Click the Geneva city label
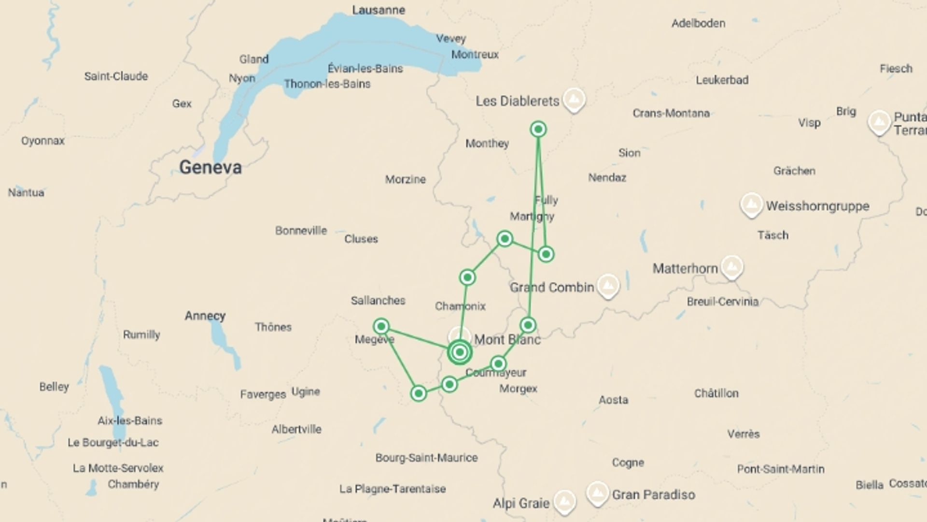point(210,167)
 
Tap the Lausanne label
point(379,10)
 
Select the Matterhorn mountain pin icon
point(732,266)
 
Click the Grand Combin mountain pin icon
point(607,286)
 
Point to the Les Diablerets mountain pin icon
point(574,99)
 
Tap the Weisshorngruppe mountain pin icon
point(751,204)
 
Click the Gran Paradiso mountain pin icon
point(597,493)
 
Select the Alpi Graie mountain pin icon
point(564,501)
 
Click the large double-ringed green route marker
point(459,352)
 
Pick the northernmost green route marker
point(538,129)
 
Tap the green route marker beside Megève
point(381,326)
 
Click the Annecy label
point(205,316)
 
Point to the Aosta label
point(613,400)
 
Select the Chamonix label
point(460,306)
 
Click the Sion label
point(629,153)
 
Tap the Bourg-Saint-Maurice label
point(426,458)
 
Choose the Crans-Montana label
point(671,113)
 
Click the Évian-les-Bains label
point(365,69)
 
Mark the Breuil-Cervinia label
point(722,302)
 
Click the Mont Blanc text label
point(507,340)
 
